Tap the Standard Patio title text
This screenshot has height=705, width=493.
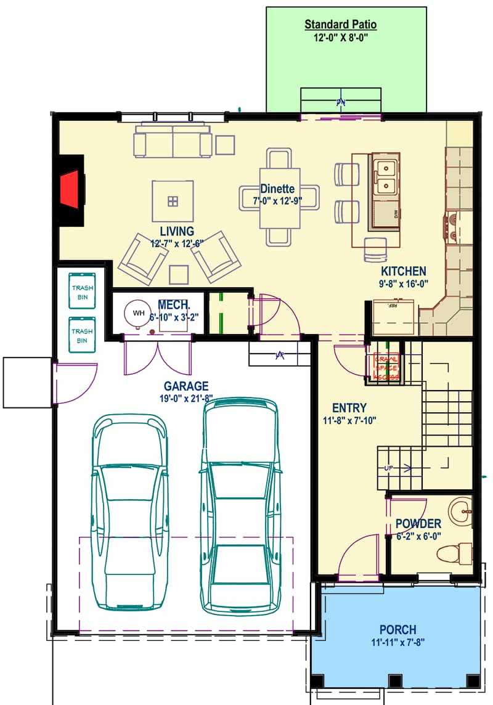click(341, 25)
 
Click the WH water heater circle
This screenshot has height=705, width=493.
click(139, 313)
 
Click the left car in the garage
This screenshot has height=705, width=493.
click(129, 511)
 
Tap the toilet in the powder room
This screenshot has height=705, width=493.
click(457, 552)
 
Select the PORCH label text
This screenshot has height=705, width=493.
click(397, 630)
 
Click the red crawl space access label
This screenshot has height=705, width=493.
click(386, 367)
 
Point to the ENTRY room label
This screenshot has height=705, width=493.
click(349, 408)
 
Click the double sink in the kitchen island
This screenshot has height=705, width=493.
click(386, 176)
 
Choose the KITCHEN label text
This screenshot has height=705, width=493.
click(404, 271)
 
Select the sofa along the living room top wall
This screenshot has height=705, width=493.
click(173, 142)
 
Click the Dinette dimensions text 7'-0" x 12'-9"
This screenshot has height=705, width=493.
click(277, 200)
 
